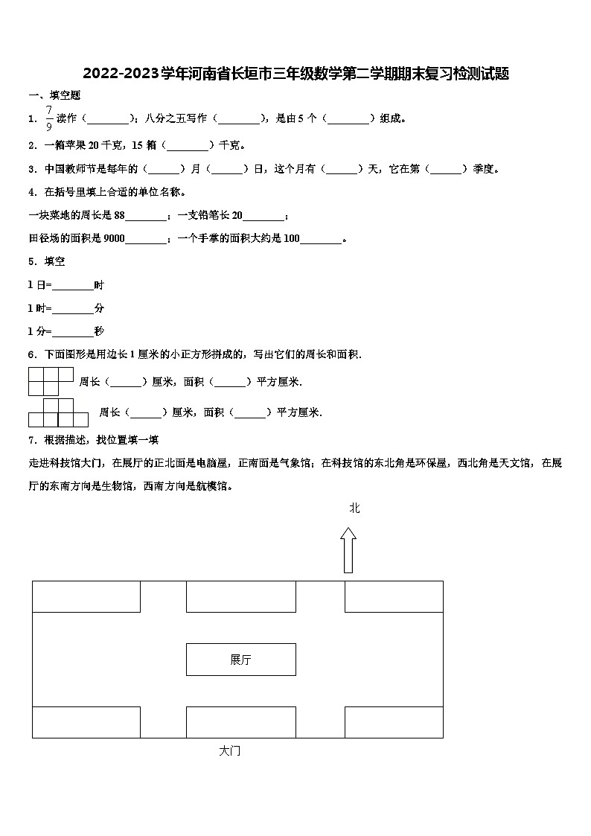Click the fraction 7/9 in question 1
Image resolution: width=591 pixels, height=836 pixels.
(49, 118)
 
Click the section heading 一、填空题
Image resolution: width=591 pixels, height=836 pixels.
(54, 95)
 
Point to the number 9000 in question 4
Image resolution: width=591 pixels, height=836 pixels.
(114, 239)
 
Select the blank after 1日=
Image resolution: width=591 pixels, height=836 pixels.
(73, 285)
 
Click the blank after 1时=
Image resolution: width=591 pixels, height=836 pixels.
(73, 308)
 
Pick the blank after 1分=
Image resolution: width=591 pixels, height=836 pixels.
(73, 331)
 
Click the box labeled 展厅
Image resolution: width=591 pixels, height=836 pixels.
(240, 660)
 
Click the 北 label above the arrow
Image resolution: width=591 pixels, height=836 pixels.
(354, 508)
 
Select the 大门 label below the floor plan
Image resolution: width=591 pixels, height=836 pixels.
(230, 751)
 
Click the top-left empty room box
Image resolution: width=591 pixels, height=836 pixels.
(86, 596)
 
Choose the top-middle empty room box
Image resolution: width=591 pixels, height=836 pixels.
(240, 596)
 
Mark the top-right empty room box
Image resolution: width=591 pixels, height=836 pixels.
(394, 596)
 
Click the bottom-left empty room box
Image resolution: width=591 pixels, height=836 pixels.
(86, 722)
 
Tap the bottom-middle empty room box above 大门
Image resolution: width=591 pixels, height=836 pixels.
(240, 722)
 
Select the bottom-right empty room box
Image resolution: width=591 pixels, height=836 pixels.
(394, 722)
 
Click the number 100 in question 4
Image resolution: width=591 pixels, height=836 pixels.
(291, 239)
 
